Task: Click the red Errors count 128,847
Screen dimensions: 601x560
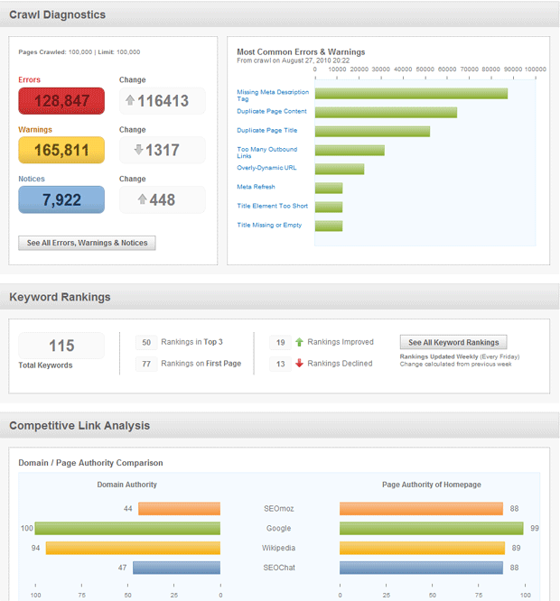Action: pos(61,101)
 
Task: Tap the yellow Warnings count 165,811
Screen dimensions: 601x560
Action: pos(61,150)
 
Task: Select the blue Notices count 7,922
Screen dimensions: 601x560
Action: pos(61,199)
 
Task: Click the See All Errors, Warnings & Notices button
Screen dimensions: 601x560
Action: pos(87,243)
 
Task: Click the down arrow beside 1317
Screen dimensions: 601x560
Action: pos(138,150)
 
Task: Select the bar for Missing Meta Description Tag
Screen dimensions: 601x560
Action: pos(411,93)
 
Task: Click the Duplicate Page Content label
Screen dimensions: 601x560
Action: pos(271,112)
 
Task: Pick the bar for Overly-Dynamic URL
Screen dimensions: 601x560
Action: pos(340,169)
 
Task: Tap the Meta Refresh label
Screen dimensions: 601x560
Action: pos(256,187)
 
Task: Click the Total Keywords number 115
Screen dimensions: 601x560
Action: pos(61,346)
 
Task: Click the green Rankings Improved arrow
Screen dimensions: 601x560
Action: pos(299,343)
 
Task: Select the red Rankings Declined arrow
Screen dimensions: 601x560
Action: pos(299,364)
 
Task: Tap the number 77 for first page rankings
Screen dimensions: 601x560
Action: pos(146,364)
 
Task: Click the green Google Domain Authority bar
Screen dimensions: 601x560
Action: pos(127,528)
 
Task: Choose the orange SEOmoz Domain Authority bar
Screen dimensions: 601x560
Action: pos(179,509)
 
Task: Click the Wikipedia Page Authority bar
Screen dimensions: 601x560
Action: pos(422,548)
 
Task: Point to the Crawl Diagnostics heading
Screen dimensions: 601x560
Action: pos(57,14)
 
